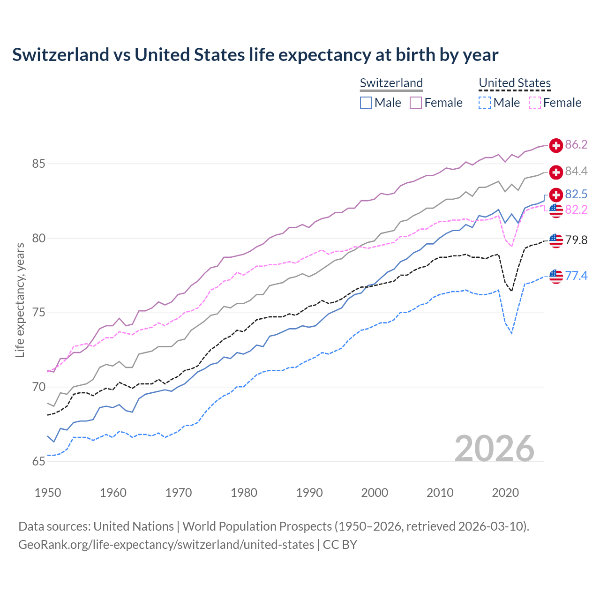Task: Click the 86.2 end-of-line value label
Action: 576,145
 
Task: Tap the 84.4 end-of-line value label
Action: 576,172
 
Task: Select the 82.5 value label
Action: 576,194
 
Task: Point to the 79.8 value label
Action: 576,240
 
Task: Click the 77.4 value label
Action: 576,276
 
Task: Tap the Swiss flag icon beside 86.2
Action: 556,145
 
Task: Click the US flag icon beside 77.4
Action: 556,277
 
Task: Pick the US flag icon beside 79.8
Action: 556,240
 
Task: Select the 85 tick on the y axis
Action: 38,164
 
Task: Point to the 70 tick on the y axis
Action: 38,387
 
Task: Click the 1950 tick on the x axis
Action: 48,493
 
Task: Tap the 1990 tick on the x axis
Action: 309,493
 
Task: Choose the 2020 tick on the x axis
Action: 505,493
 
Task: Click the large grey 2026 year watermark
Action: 494,449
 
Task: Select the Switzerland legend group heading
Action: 391,83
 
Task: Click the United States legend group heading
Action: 514,83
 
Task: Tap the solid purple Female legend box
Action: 416,103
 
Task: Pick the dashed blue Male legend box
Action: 485,103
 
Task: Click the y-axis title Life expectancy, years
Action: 20,300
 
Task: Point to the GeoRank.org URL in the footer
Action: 166,545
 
